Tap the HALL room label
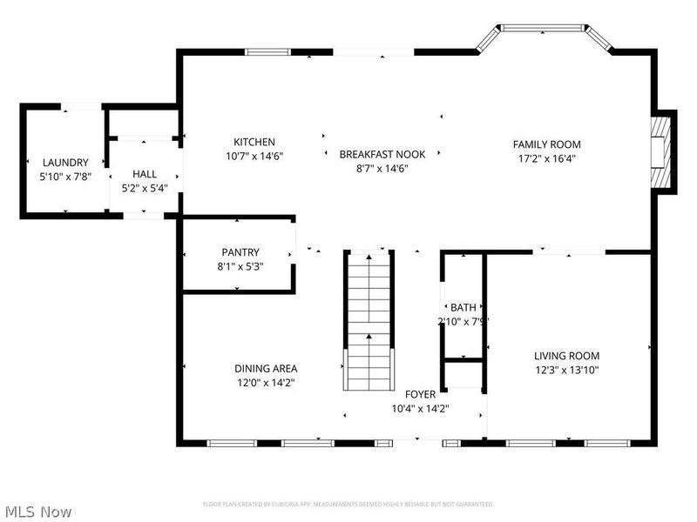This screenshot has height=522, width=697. pos(145,174)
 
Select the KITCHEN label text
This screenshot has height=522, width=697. pos(254,143)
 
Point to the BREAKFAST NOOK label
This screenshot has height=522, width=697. pos(382,154)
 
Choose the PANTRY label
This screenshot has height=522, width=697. pos(240,253)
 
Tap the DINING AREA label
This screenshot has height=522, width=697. pos(266,368)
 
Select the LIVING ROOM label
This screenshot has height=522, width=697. pos(566,356)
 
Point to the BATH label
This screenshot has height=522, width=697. pos(464,307)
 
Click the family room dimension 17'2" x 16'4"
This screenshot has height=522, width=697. pos(546,158)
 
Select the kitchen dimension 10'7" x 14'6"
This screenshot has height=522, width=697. pos(254,157)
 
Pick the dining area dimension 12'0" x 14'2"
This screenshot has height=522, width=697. pos(266,382)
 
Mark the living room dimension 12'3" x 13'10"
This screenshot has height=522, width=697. pos(566,370)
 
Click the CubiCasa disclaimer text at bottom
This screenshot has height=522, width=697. pos(348,505)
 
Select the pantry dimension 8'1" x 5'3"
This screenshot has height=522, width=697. pos(240,266)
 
